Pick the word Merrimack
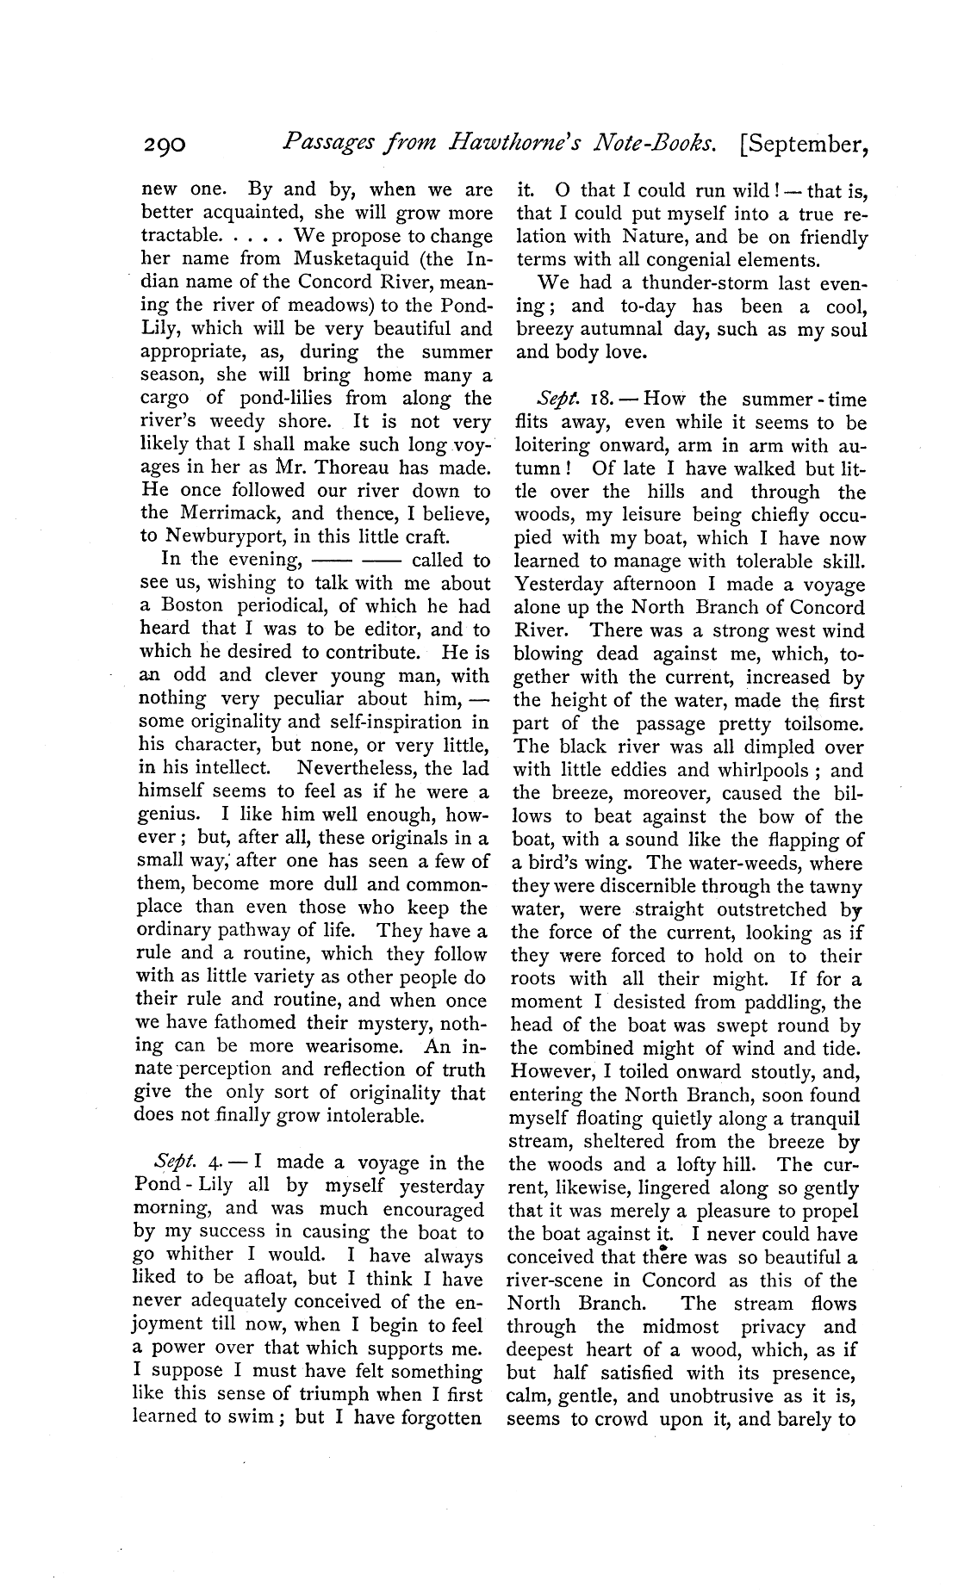tap(227, 514)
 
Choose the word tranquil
tap(821, 1119)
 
